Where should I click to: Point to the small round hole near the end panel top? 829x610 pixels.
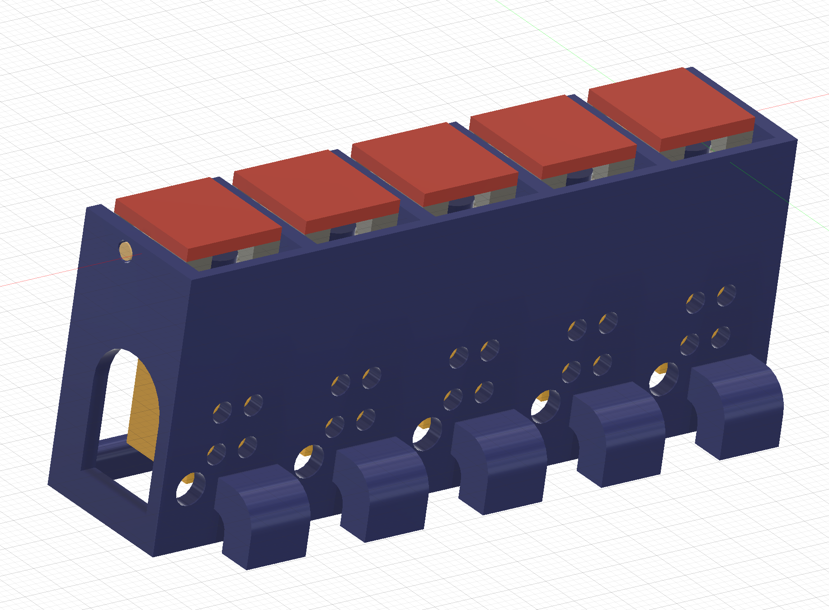coord(125,251)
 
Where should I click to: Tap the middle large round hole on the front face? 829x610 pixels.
coord(427,434)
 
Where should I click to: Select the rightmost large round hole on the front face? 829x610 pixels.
coord(664,379)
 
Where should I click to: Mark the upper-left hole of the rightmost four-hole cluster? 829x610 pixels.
coord(695,302)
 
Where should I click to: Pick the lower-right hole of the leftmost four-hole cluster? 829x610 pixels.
coord(247,447)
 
